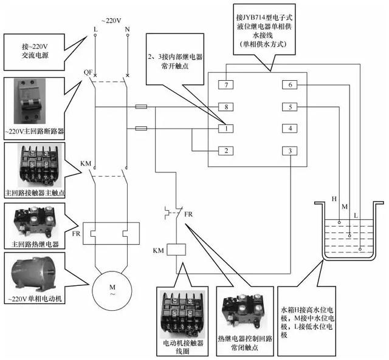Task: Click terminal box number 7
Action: (225, 86)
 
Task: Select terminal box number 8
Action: (225, 107)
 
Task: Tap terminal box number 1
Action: (225, 129)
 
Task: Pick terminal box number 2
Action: (225, 151)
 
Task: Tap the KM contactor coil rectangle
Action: (176, 249)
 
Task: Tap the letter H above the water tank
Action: (333, 199)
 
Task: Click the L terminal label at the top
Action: (95, 29)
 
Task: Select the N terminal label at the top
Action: (127, 29)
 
